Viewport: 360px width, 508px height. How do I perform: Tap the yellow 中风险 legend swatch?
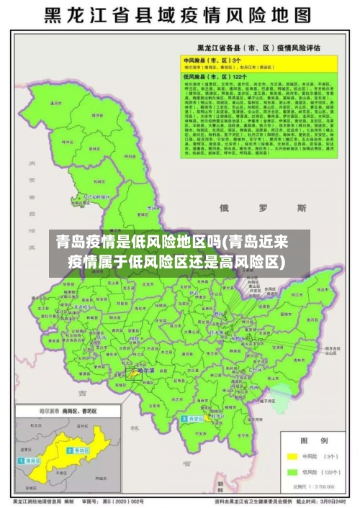tap(293, 456)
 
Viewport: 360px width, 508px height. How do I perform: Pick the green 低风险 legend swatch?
tap(293, 473)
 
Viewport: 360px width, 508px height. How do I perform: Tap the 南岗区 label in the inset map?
tap(32, 458)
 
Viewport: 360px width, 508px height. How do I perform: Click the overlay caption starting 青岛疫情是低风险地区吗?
tap(179, 251)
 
